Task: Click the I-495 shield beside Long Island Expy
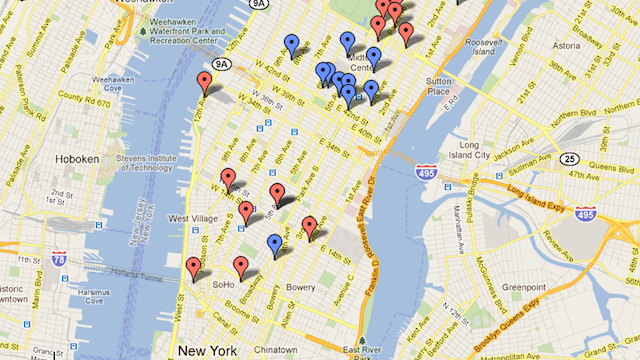[585, 213]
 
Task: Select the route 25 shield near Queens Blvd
[568, 158]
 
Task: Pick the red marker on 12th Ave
[204, 82]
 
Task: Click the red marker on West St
[193, 267]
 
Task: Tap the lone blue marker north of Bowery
[274, 244]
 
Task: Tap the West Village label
[190, 218]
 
